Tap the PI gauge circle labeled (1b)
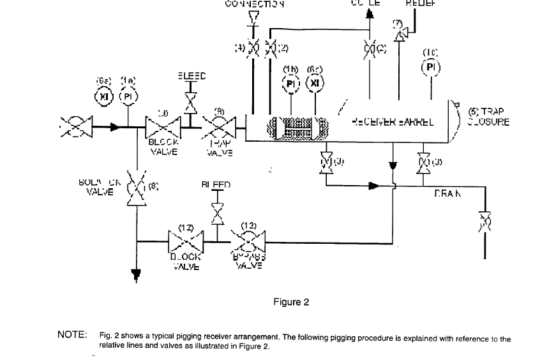(x=291, y=84)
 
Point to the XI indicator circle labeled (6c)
(x=314, y=84)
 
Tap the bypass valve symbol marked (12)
(x=248, y=242)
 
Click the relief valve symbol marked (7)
(x=399, y=37)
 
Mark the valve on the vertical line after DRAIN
(x=484, y=221)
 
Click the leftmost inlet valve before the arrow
(x=77, y=126)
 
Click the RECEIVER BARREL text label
(x=393, y=121)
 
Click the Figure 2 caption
(x=290, y=302)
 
